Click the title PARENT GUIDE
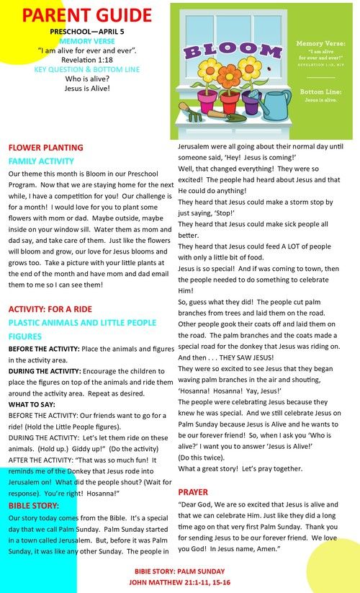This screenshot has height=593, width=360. tap(87, 15)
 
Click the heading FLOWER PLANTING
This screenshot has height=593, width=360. tap(46, 148)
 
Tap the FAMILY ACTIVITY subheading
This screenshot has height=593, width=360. tap(41, 161)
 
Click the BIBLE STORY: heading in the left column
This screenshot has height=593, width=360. tap(35, 505)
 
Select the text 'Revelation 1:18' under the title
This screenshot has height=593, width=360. tap(87, 60)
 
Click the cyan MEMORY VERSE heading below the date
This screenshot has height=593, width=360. tap(87, 41)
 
